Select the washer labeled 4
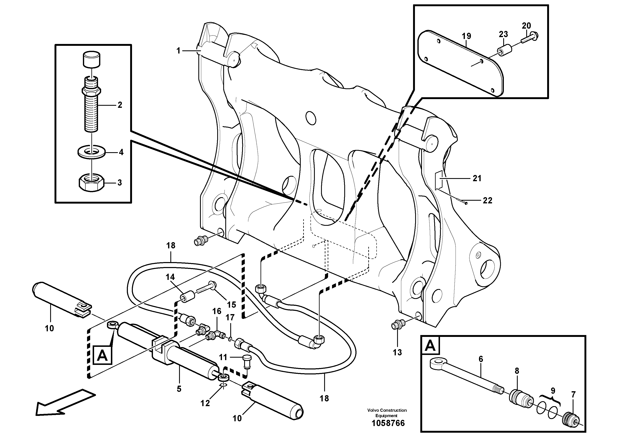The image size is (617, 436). (91, 152)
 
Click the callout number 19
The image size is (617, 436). (467, 36)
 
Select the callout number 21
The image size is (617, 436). (477, 178)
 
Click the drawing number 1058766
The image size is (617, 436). (388, 423)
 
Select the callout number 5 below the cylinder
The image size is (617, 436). (179, 389)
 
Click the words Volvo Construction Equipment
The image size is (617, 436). (387, 413)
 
